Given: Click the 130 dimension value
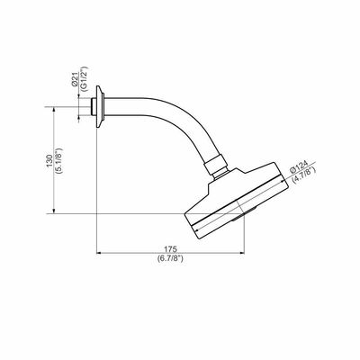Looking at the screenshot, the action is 49,161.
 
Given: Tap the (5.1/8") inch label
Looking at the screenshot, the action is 58,161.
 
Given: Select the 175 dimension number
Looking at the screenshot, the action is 170,249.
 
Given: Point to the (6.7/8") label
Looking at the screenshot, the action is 170,257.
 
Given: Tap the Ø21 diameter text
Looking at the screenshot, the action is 75,80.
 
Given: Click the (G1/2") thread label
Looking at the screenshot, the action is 84,78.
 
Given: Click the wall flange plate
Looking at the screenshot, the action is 100,107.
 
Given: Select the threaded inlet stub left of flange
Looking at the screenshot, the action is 93,107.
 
